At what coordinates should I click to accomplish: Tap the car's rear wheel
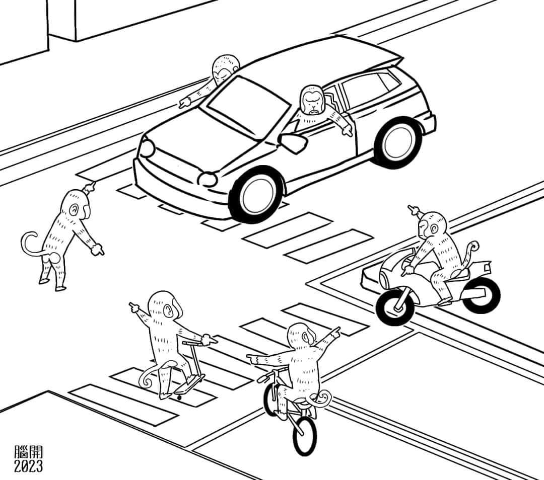tap(398, 142)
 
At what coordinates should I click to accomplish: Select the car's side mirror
tap(293, 142)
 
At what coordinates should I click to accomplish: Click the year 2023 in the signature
tap(28, 466)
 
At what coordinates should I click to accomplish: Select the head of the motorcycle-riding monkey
tap(431, 225)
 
